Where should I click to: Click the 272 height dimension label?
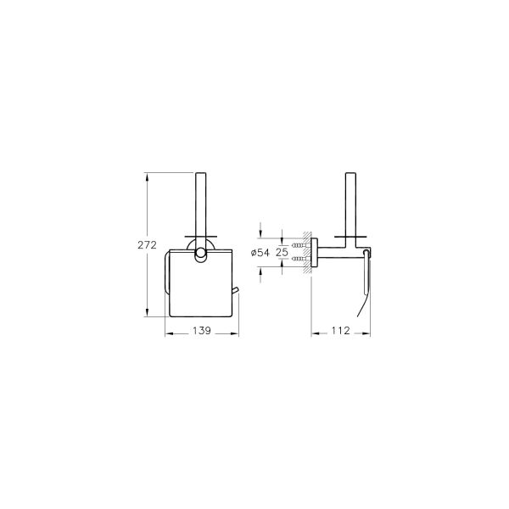[147, 245]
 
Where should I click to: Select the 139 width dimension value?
[202, 331]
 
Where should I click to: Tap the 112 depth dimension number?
[341, 331]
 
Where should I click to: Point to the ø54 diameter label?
[260, 252]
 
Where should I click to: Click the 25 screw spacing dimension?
[282, 252]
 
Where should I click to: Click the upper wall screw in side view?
[299, 245]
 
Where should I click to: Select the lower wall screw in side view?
[299, 259]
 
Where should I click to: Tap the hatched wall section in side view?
[307, 252]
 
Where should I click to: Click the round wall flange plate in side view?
[315, 252]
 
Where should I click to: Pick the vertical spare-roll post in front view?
[200, 215]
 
